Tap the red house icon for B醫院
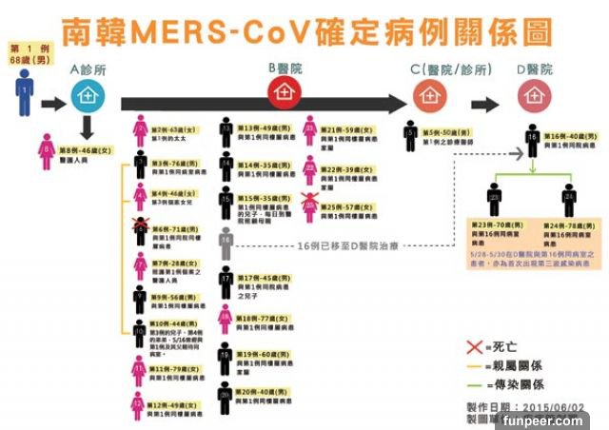pos(282,93)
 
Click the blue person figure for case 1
pos(24,95)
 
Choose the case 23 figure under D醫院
pos(495,199)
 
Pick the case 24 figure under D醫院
pos(569,199)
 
